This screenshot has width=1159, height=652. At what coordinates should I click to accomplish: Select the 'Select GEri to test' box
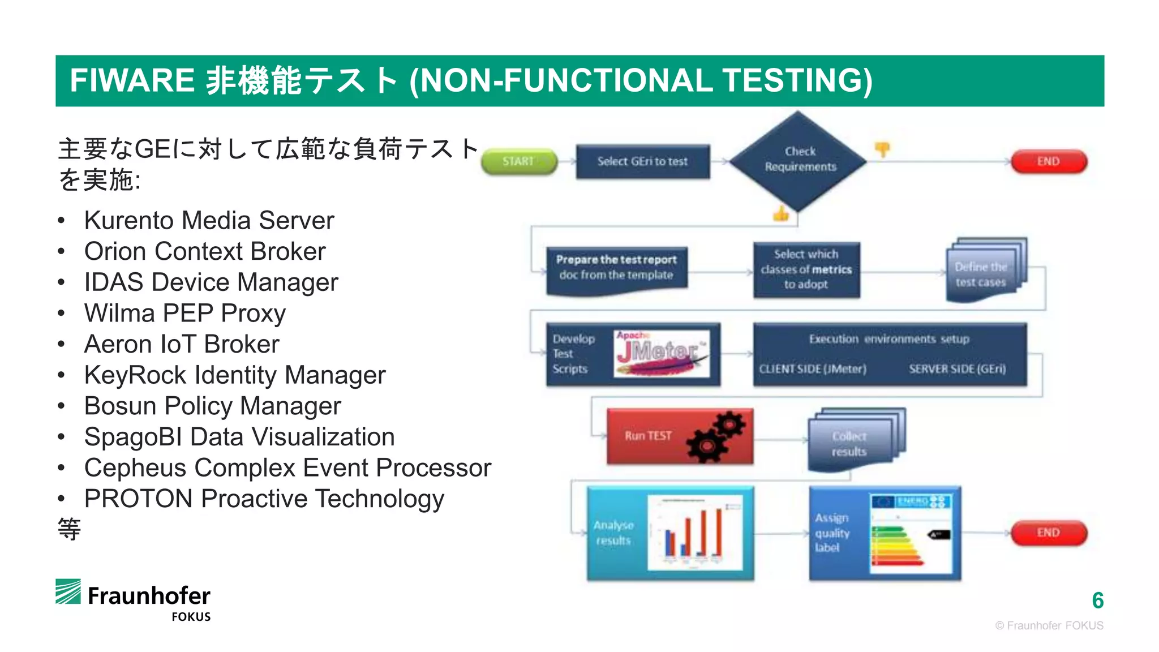(642, 162)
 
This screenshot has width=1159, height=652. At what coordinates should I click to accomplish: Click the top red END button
(1048, 162)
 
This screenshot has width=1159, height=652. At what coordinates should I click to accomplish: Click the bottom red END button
(1048, 533)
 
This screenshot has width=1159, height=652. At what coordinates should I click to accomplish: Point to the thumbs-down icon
(882, 149)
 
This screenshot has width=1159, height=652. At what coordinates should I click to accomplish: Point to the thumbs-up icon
(781, 215)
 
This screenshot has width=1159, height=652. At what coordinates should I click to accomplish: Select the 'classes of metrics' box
(806, 269)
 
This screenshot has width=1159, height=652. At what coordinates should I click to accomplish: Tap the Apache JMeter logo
(661, 354)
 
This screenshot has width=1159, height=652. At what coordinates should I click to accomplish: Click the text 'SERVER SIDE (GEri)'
(957, 369)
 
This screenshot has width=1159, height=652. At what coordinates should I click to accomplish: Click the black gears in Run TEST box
(715, 437)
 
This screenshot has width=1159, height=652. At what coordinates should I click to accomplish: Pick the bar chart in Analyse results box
(695, 533)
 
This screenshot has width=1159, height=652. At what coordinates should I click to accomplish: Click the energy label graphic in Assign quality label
(911, 533)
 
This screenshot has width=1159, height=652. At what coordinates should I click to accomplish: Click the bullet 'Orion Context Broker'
(205, 251)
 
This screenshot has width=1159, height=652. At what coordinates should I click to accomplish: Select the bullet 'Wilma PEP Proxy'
(184, 314)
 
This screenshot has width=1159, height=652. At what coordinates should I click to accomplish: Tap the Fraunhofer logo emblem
(68, 591)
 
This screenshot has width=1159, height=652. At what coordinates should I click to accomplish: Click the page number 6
(1097, 600)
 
